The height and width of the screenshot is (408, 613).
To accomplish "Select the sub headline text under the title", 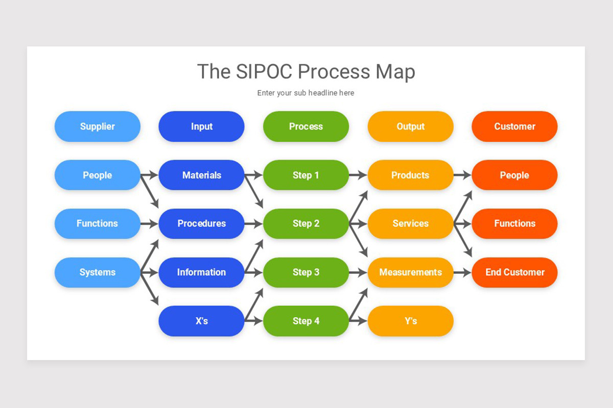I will click(305, 93).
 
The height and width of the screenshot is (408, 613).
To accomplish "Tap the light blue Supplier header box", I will click(97, 126).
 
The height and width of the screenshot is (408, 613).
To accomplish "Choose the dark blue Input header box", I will click(201, 126).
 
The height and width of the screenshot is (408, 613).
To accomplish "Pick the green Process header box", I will click(305, 126).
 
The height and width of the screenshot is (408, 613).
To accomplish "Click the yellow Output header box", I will click(410, 126).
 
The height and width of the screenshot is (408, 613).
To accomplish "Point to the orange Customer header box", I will click(514, 126).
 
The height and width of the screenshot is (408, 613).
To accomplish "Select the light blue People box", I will click(97, 175).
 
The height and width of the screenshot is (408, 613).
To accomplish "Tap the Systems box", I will click(97, 272).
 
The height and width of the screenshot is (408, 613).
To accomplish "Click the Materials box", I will click(201, 175).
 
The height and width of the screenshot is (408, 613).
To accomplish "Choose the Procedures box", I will click(201, 223).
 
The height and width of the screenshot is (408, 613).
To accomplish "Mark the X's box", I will click(201, 321).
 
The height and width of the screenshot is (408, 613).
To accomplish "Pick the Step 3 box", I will click(305, 272).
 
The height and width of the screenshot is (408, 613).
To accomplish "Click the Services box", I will click(410, 223).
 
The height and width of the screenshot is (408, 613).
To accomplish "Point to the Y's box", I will click(410, 321).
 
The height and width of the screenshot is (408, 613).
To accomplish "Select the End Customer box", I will click(514, 272).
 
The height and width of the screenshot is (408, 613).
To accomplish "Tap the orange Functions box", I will click(514, 223).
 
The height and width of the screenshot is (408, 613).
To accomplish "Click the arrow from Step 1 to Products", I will click(358, 175).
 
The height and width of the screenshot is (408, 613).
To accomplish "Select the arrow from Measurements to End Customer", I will click(462, 272).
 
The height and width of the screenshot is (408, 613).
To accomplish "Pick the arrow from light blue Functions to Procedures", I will click(149, 223).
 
